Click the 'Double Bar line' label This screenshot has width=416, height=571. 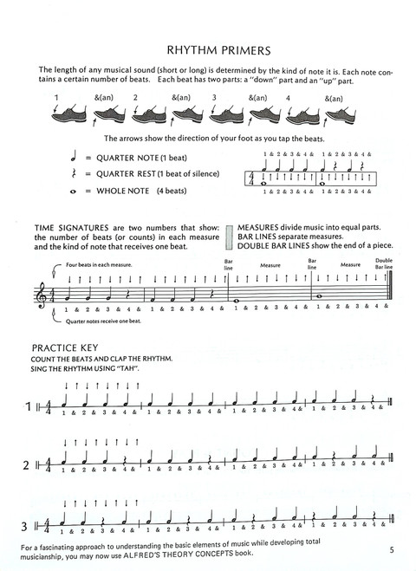[x=383, y=263]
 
